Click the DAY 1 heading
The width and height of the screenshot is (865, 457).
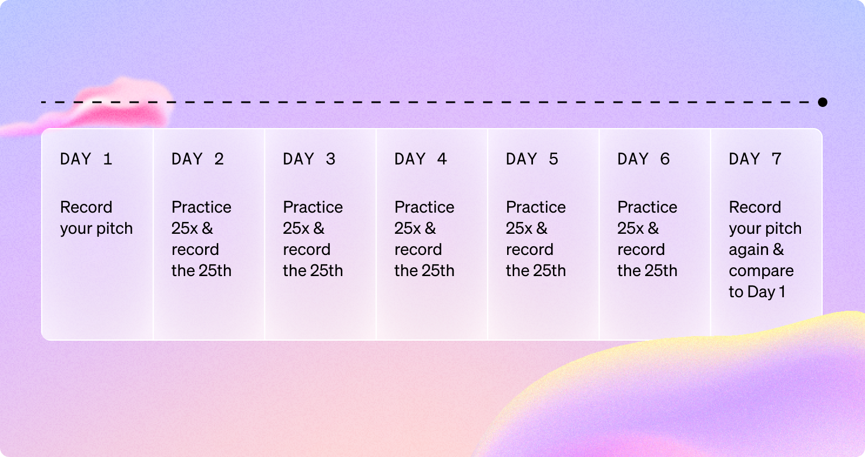point(86,159)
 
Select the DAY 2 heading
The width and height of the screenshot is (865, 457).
point(197,159)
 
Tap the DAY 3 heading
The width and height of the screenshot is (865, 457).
point(309,159)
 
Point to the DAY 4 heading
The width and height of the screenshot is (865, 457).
point(421,159)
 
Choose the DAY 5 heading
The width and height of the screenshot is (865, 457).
point(532,159)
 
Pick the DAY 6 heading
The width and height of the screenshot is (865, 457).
point(643,159)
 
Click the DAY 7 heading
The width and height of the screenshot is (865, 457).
point(755,159)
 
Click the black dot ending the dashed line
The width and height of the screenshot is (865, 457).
point(823,102)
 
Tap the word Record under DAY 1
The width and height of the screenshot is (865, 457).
point(86,207)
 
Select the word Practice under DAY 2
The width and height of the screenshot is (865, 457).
point(202,207)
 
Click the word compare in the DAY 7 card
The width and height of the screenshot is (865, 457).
point(761,271)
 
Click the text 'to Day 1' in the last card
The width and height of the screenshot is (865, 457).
point(757,292)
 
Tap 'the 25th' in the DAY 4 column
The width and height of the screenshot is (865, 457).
point(424,271)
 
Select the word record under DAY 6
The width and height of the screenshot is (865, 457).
point(641,250)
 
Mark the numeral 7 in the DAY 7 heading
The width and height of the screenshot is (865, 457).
point(777,159)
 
